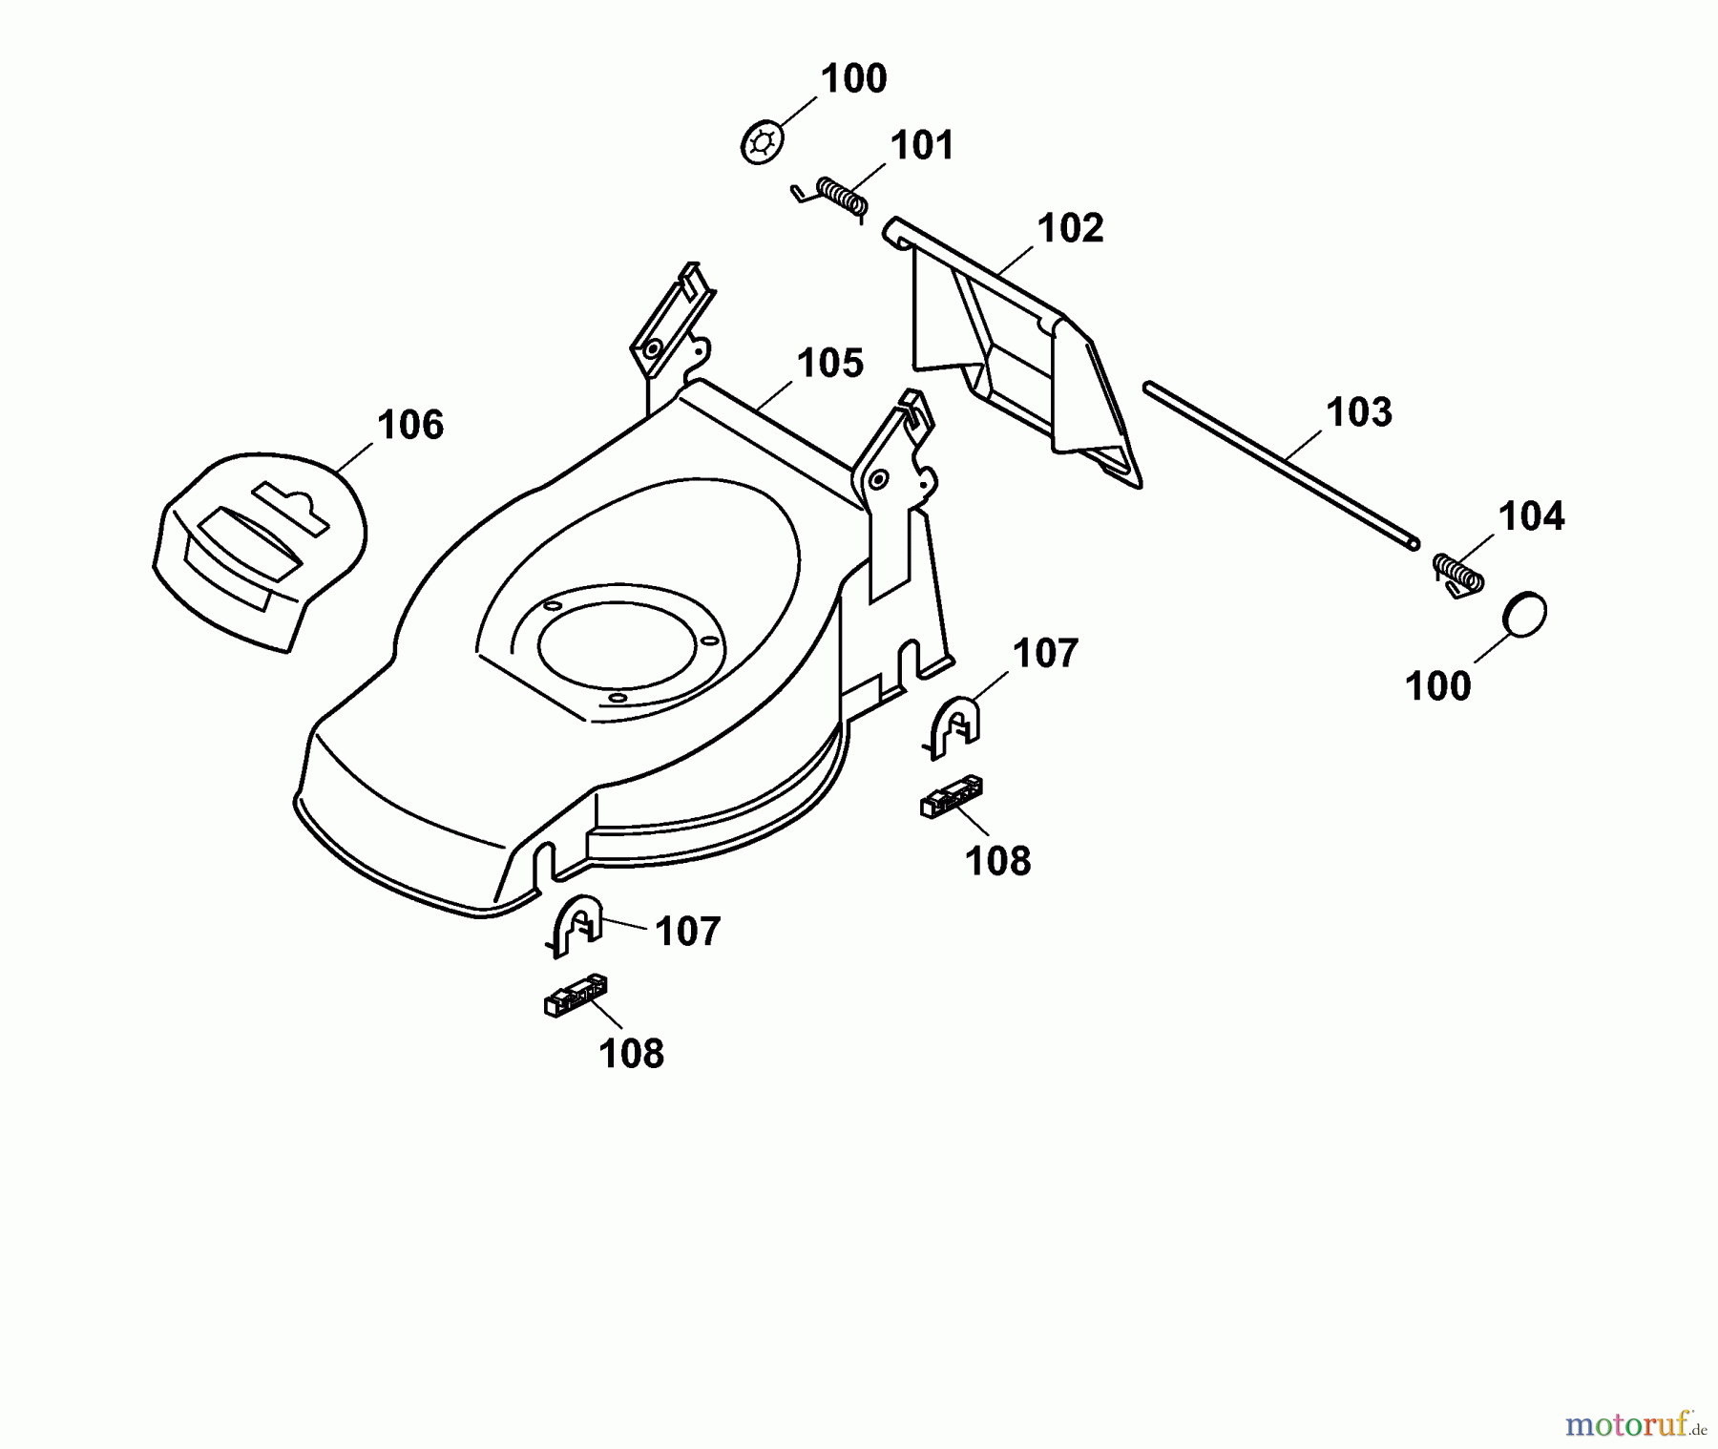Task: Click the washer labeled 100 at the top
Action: pos(762,143)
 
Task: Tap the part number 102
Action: pos(1070,228)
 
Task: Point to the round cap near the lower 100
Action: pos(1524,615)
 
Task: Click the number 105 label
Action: pos(829,364)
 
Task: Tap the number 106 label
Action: pos(410,425)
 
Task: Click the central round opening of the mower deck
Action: pos(618,642)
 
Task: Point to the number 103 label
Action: pos(1359,412)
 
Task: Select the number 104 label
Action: pos(1531,516)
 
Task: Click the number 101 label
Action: pos(922,146)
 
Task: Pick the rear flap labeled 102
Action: pos(1021,363)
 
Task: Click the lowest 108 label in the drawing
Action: pos(631,1054)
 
